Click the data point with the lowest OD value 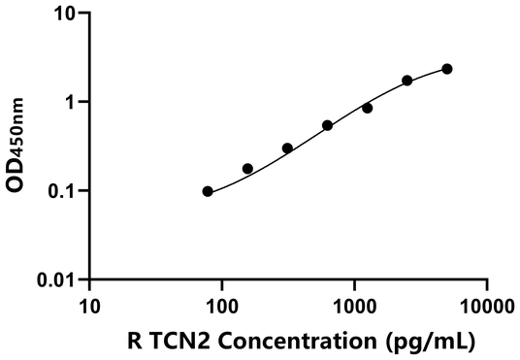pyautogui.click(x=208, y=191)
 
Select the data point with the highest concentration pyautogui.click(x=447, y=69)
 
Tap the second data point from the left pyautogui.click(x=247, y=169)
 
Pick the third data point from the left pyautogui.click(x=287, y=148)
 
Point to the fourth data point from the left pyautogui.click(x=328, y=125)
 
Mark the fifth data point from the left pyautogui.click(x=368, y=108)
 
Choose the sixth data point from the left pyautogui.click(x=407, y=81)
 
